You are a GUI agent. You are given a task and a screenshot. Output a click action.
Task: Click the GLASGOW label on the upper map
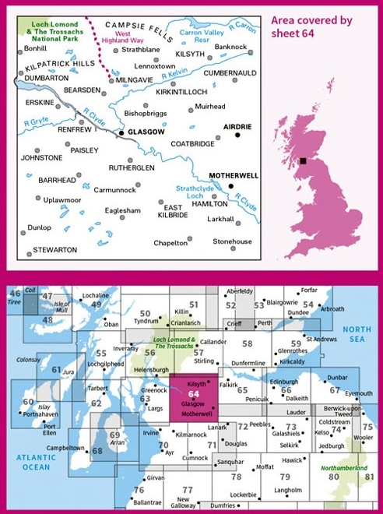pos(146,133)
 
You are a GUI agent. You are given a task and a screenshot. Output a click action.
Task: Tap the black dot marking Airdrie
pos(237,135)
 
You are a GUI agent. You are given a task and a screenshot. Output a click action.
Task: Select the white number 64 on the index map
pos(193,393)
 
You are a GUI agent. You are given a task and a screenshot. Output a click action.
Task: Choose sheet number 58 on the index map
pos(248,343)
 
